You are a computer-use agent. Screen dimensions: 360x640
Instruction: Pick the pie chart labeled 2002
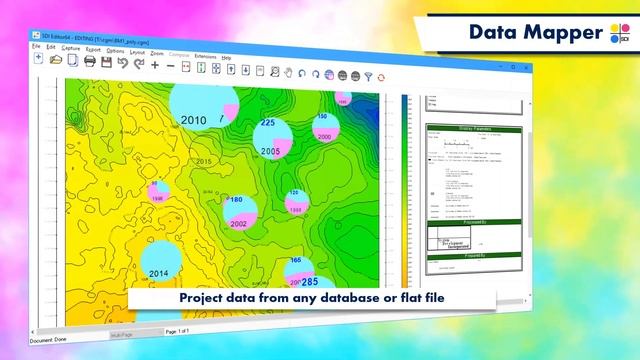(x=239, y=211)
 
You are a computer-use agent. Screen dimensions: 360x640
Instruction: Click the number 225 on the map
(x=267, y=123)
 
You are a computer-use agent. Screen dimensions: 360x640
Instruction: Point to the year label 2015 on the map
(x=204, y=161)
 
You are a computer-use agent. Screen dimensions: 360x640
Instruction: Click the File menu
(x=36, y=47)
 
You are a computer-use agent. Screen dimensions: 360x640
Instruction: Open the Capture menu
(x=71, y=48)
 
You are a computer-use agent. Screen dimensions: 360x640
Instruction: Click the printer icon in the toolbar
(x=90, y=62)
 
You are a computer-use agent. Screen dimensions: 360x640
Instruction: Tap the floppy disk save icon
(x=73, y=61)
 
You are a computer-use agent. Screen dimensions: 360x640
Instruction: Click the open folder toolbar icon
(x=56, y=60)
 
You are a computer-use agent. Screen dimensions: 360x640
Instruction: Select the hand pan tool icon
(x=288, y=72)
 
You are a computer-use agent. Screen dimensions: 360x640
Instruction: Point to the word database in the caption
(x=379, y=298)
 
